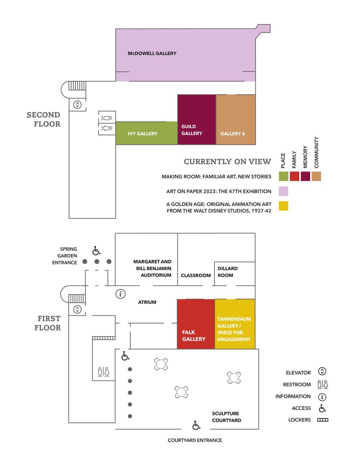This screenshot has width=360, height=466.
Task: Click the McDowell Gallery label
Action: pos(152,54)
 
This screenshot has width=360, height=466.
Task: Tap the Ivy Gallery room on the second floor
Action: pos(146,133)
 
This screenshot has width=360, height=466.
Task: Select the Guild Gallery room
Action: pos(196,120)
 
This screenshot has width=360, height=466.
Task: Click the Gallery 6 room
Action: pos(236,120)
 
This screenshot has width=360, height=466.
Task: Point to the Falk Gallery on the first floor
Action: pos(196,324)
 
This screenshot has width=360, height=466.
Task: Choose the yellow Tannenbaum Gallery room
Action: pos(235,324)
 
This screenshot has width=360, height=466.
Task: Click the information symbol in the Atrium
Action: pos(120,294)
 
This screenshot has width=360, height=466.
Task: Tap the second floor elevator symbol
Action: pos(77,105)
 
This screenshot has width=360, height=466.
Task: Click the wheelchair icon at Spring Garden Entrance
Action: pos(96,250)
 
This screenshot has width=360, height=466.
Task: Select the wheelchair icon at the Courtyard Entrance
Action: pos(196,425)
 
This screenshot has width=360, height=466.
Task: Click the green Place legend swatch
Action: pos(284,176)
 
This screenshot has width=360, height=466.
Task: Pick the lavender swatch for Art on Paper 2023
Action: pos(284,191)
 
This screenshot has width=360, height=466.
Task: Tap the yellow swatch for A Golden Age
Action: pos(284,206)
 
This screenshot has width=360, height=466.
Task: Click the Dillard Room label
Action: pos(228,272)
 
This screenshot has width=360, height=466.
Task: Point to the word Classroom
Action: pos(196,276)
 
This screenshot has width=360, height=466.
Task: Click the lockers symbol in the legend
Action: pos(322,420)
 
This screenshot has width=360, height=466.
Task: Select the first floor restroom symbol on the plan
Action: pos(104,372)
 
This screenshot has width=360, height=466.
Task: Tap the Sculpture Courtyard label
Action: pos(226,417)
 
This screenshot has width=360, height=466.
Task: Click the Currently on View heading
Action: pos(228,161)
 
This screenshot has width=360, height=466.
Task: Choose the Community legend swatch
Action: pos(316,176)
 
